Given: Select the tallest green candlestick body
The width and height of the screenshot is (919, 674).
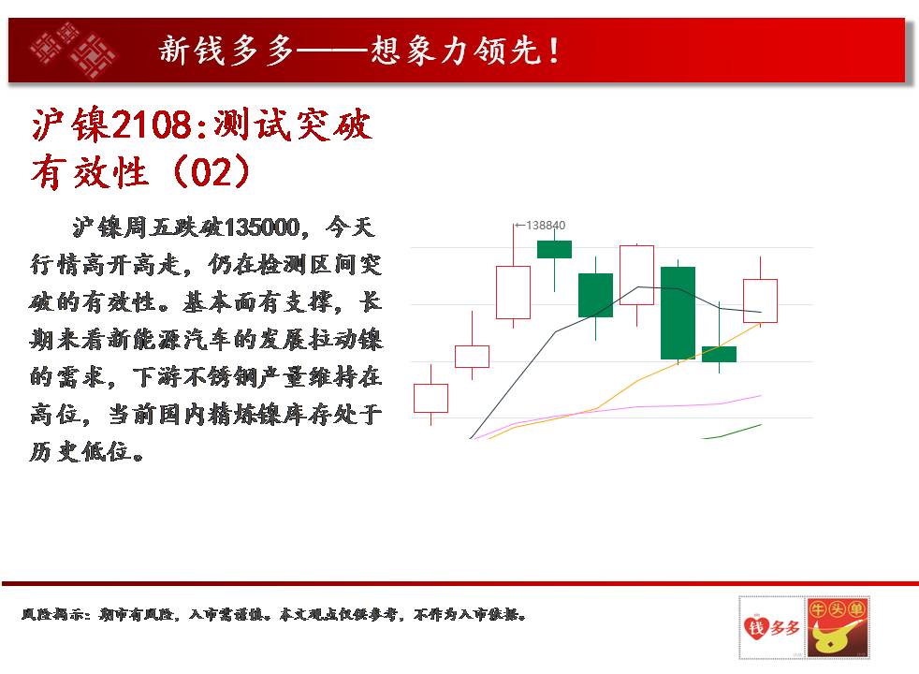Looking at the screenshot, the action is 678,313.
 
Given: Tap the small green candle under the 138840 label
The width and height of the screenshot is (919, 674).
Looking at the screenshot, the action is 554,249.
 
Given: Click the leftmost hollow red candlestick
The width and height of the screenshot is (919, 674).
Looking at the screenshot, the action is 430,399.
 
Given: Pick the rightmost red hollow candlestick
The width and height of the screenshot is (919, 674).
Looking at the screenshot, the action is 760,300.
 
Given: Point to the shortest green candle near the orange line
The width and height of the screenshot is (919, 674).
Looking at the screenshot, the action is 719,354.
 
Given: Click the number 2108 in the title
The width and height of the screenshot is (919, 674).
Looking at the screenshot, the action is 152,125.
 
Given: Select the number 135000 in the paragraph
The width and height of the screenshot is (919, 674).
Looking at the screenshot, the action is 262,227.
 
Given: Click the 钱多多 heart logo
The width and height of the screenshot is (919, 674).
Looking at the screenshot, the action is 772,628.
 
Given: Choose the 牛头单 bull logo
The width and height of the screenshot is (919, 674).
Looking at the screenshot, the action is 838,628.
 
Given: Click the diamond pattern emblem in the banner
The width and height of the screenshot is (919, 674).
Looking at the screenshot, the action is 74,51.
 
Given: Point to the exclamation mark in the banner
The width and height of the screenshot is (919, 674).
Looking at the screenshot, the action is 554,51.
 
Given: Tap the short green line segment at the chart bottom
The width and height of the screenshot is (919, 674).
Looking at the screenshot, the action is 732,432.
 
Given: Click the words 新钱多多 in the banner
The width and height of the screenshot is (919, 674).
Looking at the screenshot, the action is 226,51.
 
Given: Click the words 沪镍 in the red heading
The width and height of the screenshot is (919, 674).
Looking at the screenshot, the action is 71,125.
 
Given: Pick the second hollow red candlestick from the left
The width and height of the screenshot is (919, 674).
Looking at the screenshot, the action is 472,357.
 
